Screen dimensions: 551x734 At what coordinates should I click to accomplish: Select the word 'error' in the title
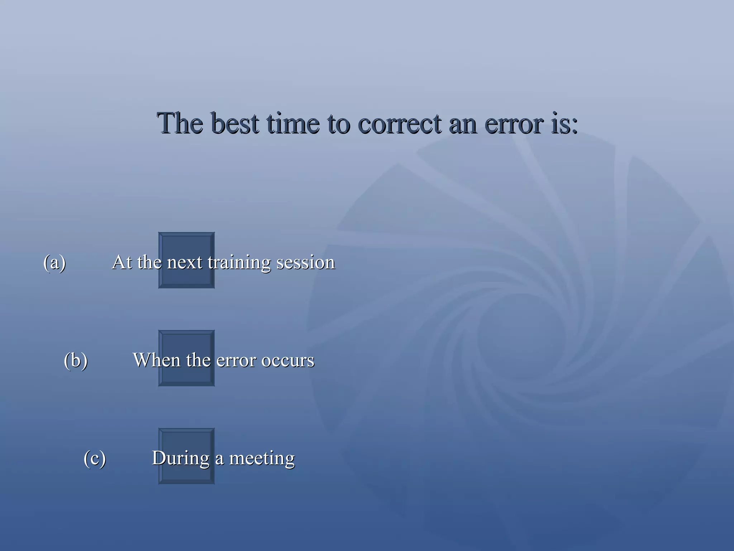point(515,124)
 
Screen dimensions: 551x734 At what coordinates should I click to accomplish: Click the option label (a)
point(54,263)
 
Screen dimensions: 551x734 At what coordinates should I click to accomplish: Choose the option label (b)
point(76,360)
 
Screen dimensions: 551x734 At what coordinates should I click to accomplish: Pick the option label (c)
point(95,458)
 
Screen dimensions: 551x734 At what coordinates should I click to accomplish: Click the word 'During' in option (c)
point(181,458)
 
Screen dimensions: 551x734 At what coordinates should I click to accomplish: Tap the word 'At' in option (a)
point(122,262)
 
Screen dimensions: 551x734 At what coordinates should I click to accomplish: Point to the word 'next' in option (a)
point(185,263)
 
